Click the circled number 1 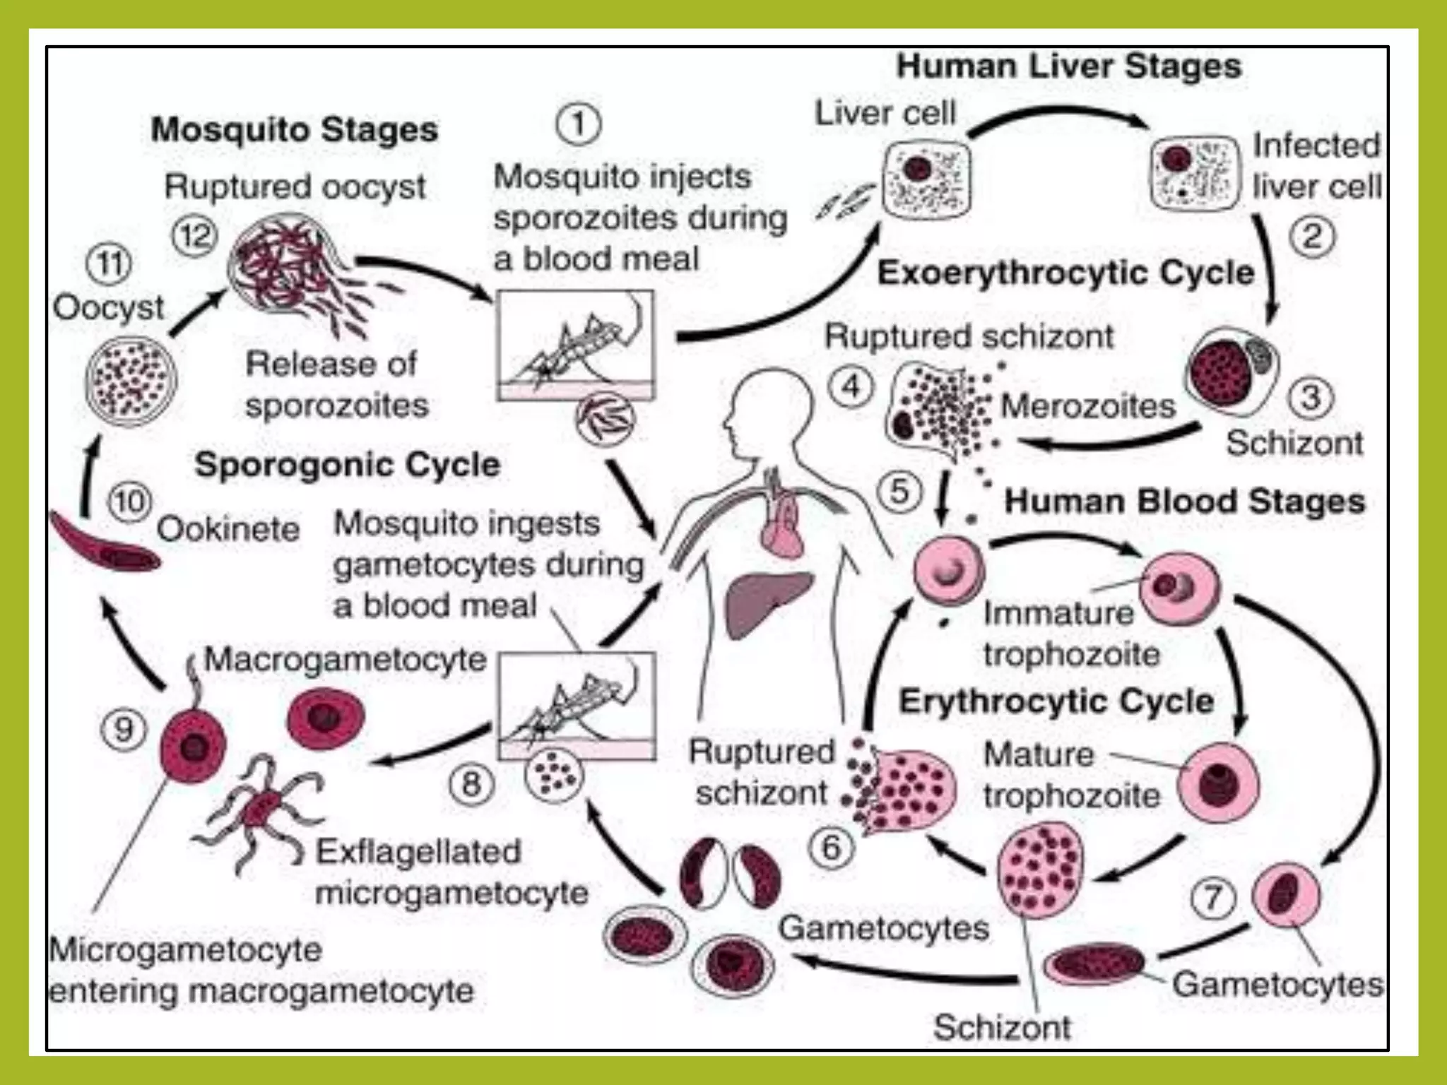578,126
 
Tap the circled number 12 194,235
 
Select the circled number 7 1213,898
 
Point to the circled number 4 851,387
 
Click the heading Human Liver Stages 1068,66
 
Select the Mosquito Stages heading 295,130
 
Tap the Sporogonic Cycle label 347,465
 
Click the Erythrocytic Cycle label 1056,701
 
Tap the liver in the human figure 767,600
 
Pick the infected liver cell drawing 1195,173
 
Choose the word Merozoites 1088,406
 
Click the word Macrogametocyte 345,660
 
